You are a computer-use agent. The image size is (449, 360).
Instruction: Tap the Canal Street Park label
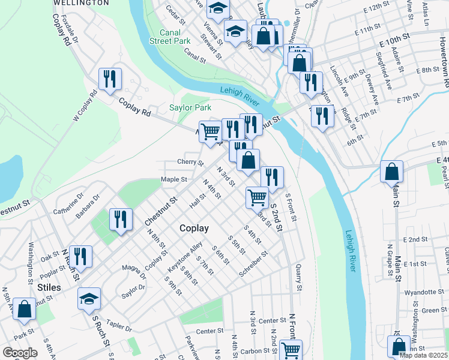(x=173, y=37)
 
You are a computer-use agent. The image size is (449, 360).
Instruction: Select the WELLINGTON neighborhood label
(x=80, y=3)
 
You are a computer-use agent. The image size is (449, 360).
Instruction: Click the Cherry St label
(x=190, y=162)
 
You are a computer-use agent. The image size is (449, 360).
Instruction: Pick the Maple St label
(x=174, y=179)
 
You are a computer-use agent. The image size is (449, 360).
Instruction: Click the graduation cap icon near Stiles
(x=89, y=298)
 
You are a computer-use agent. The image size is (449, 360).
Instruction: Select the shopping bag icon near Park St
(x=24, y=309)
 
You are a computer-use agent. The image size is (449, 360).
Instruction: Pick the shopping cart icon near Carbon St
(x=291, y=350)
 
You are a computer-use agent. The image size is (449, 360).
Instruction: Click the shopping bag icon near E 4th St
(x=391, y=172)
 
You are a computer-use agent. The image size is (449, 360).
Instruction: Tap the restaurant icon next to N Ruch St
(x=80, y=256)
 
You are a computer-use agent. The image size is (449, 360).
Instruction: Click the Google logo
(x=20, y=353)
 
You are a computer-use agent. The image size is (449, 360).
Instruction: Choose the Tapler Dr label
(x=120, y=326)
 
